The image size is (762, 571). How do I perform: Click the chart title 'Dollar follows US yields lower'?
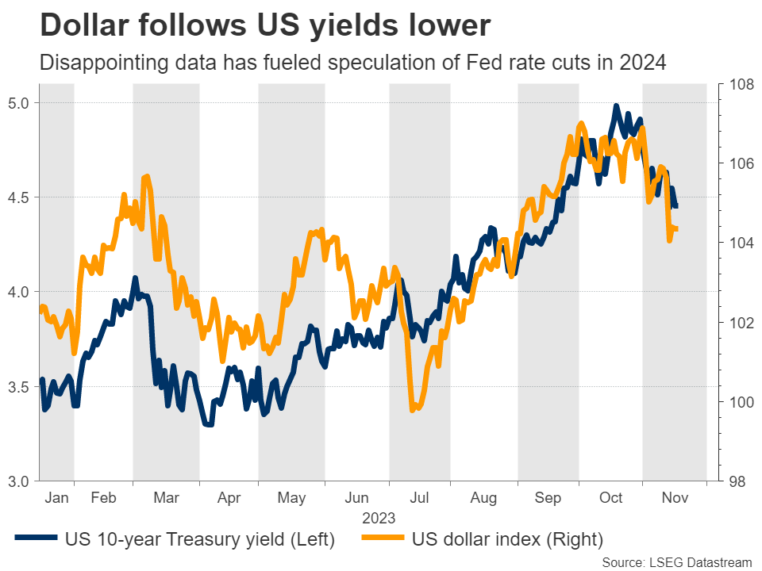pyautogui.click(x=264, y=26)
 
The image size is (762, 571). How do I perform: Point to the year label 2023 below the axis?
pyautogui.click(x=379, y=519)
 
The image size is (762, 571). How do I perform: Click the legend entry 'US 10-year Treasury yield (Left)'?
pyautogui.click(x=200, y=539)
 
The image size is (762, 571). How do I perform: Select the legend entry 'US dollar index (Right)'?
pyautogui.click(x=508, y=539)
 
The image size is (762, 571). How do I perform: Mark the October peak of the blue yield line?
pyautogui.click(x=616, y=105)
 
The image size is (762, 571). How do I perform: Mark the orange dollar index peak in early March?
pyautogui.click(x=147, y=176)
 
